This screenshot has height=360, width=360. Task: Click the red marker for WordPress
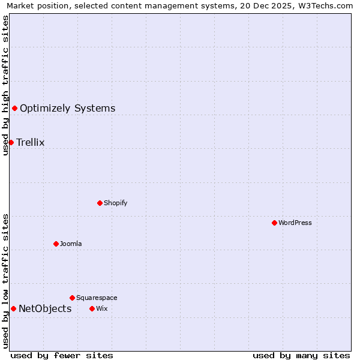tap(274, 223)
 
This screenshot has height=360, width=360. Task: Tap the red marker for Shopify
tap(100, 203)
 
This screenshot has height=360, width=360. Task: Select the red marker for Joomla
tap(56, 244)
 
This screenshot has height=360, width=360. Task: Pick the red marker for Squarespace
tap(72, 298)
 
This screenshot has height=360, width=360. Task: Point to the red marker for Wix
tap(92, 308)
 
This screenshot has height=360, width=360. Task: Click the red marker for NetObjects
tap(13, 308)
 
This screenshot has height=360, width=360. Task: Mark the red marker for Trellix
tap(11, 142)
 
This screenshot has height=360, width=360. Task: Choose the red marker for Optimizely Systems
tap(14, 108)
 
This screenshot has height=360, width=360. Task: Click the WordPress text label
tap(295, 223)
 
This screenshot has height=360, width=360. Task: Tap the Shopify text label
tap(115, 203)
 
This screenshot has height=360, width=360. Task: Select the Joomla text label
tap(71, 244)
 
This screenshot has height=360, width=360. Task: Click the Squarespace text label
tap(97, 298)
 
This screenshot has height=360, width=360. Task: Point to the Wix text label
tap(101, 308)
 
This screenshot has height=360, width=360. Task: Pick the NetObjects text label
tap(45, 308)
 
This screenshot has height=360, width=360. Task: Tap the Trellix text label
tap(30, 142)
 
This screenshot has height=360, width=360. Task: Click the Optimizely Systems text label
tap(67, 108)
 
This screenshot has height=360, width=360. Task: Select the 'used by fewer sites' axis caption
tap(62, 355)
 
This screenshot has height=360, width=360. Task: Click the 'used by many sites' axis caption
tap(301, 355)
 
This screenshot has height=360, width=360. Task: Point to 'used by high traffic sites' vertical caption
tap(5, 85)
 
